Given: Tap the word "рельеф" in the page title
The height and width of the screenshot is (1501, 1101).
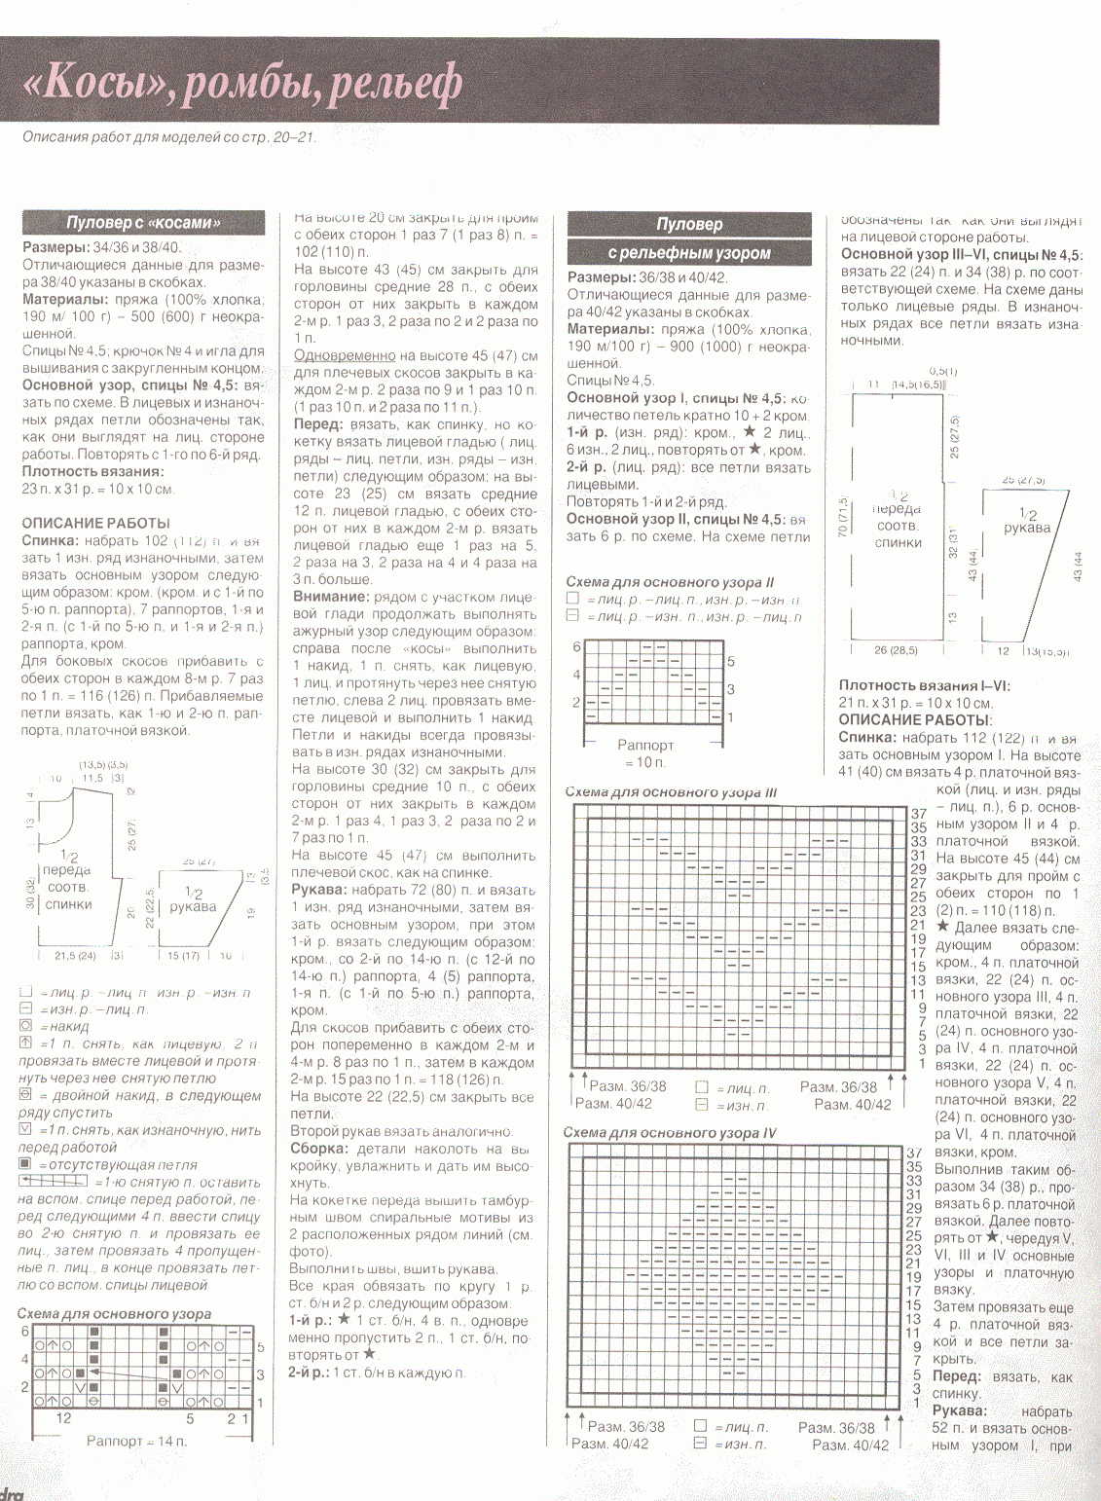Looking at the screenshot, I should (x=395, y=87).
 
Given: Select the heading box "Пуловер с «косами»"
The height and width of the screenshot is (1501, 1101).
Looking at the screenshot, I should (x=143, y=223).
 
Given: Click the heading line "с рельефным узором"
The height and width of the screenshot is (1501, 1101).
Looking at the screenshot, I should (x=689, y=253).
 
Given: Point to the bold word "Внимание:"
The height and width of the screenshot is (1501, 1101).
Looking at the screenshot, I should (x=331, y=597).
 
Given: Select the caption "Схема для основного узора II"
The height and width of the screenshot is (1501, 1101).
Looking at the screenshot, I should (x=670, y=581).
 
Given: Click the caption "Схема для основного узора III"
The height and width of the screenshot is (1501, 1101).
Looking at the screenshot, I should (x=671, y=792).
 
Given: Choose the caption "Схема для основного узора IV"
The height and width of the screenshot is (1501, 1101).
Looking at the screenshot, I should (x=670, y=1133).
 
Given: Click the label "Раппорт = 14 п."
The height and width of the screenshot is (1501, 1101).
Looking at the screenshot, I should (x=136, y=1440).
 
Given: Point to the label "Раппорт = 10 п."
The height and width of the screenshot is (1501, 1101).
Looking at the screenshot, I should (x=645, y=753).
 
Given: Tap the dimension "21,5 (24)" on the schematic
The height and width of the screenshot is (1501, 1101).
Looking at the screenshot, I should (x=75, y=956).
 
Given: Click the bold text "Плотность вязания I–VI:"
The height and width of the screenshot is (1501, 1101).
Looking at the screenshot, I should (x=925, y=685).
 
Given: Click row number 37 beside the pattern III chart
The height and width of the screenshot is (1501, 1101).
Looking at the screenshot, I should (x=918, y=813).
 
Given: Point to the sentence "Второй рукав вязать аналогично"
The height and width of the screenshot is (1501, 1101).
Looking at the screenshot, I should (x=401, y=1131).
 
